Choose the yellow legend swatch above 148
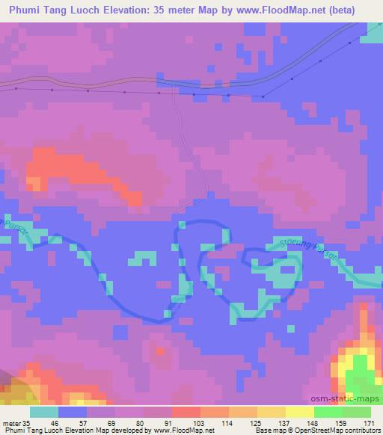click(300, 412)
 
